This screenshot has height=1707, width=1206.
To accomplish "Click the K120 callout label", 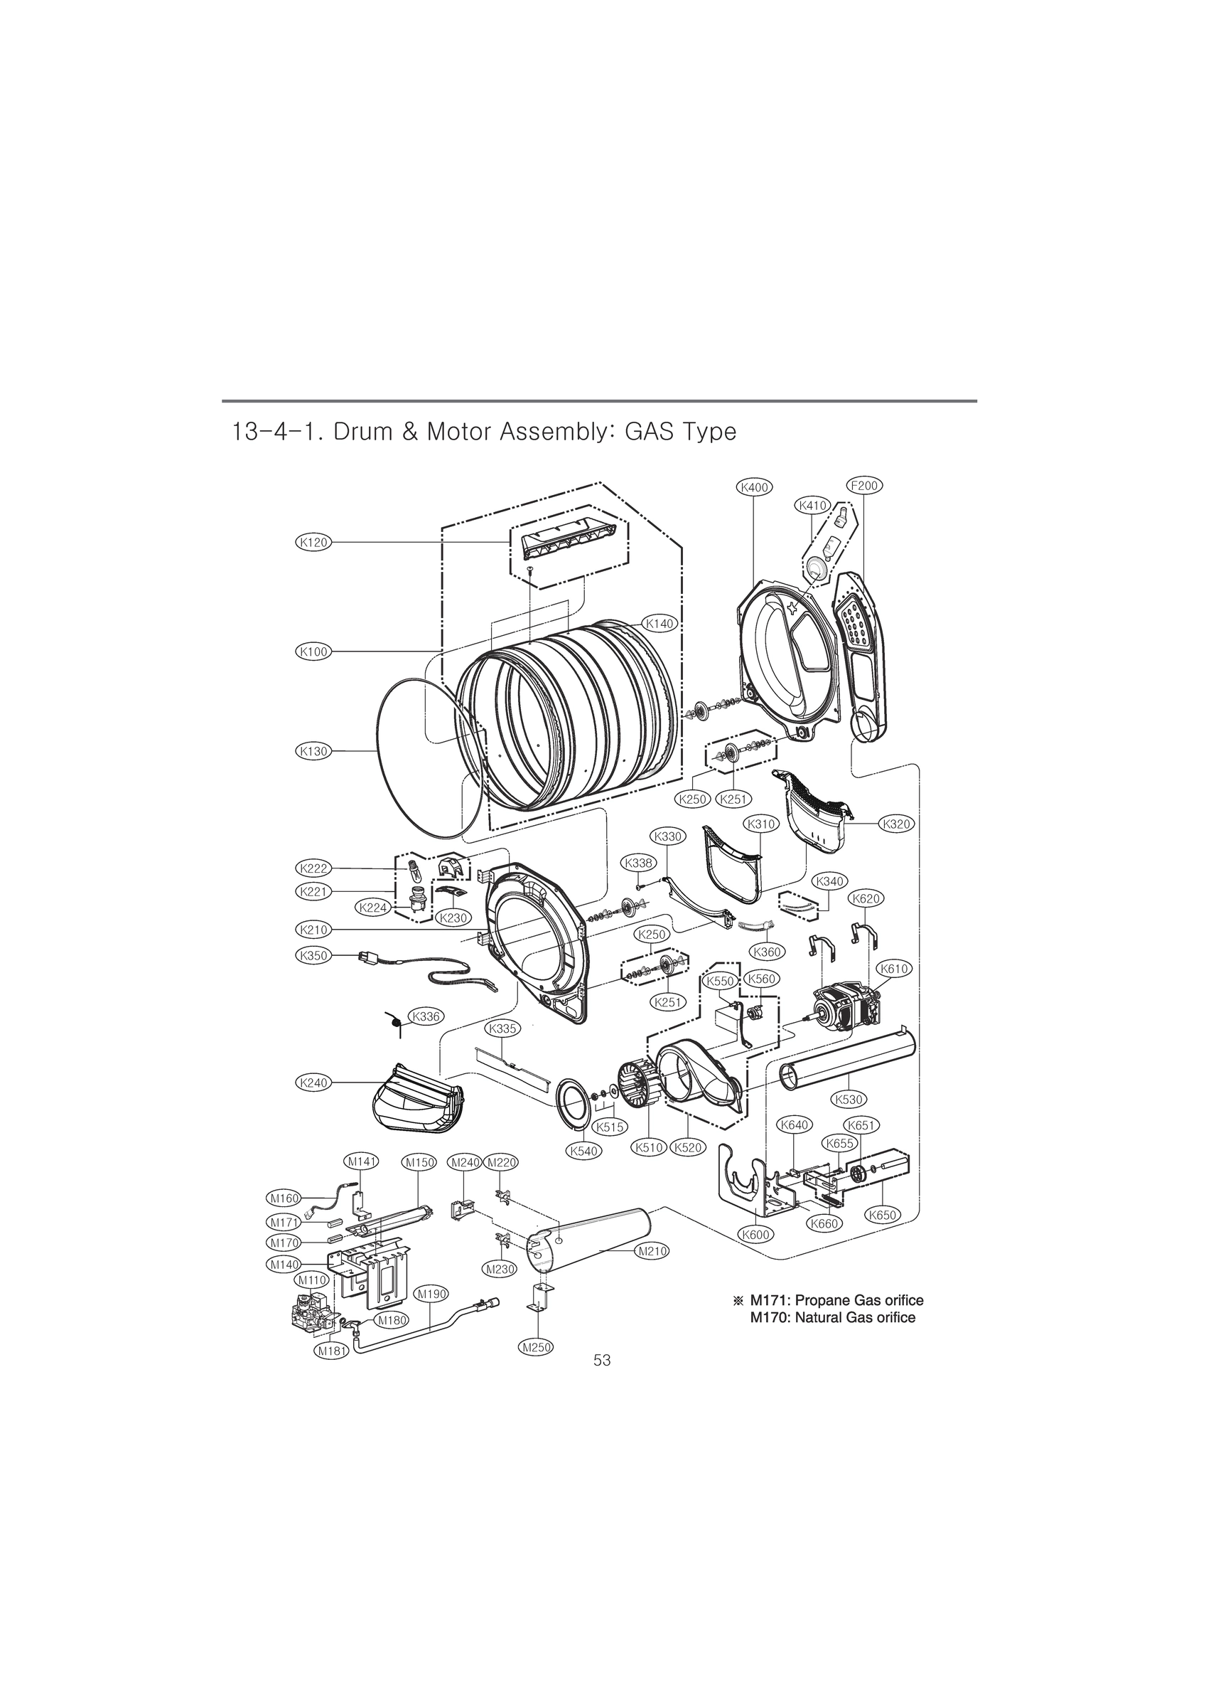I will (x=313, y=542).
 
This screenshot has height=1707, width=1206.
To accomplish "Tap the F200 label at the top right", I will (x=864, y=486).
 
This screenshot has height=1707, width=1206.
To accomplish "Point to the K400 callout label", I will (x=754, y=487).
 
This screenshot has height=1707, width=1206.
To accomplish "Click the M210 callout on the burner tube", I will (x=652, y=1251).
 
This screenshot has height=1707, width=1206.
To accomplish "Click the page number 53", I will (x=602, y=1360).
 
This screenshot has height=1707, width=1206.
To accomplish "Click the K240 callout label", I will (x=313, y=1083).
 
